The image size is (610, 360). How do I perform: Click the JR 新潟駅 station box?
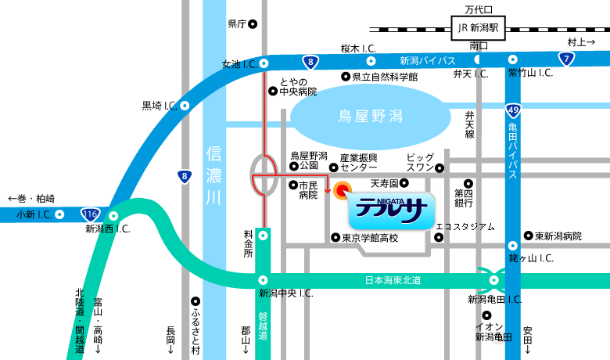(x=480, y=28)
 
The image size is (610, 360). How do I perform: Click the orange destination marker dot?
(x=342, y=190)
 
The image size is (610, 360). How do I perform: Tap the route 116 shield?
(x=91, y=213)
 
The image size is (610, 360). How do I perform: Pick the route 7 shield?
(x=565, y=57)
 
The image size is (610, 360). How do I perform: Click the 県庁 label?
(x=237, y=24)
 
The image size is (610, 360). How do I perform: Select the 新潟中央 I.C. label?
(x=286, y=293)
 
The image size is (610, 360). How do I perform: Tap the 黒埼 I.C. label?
(x=159, y=105)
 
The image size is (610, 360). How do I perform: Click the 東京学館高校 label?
(x=371, y=238)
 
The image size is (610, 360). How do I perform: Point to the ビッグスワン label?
(x=420, y=162)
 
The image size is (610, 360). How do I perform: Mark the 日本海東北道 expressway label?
(x=393, y=280)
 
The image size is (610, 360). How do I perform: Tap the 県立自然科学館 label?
(x=385, y=77)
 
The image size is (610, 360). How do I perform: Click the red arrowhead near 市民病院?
(x=327, y=190)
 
